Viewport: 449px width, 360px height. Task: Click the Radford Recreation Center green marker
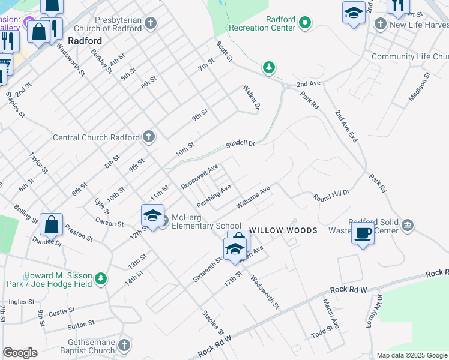(x=305, y=23)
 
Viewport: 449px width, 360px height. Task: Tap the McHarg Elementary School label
(x=206, y=221)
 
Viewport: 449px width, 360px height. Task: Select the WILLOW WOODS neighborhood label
(x=283, y=230)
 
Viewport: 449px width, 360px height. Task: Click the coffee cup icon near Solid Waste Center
(x=363, y=233)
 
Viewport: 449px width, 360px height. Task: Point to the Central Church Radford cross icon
(x=149, y=137)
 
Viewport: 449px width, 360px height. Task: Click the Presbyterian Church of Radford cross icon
(x=151, y=23)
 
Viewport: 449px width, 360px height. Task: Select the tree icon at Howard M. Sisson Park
(x=101, y=279)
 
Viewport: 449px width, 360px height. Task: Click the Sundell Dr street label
(x=240, y=144)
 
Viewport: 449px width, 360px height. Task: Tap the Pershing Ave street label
(x=214, y=196)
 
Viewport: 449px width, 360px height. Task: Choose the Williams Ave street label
(x=253, y=197)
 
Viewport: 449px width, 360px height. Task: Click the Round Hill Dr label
(x=331, y=196)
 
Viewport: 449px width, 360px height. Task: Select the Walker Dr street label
(x=251, y=97)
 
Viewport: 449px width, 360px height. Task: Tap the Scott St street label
(x=224, y=51)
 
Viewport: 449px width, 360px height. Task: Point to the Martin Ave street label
(x=331, y=314)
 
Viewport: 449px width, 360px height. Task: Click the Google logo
(x=20, y=353)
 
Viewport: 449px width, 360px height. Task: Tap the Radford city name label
(x=85, y=41)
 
